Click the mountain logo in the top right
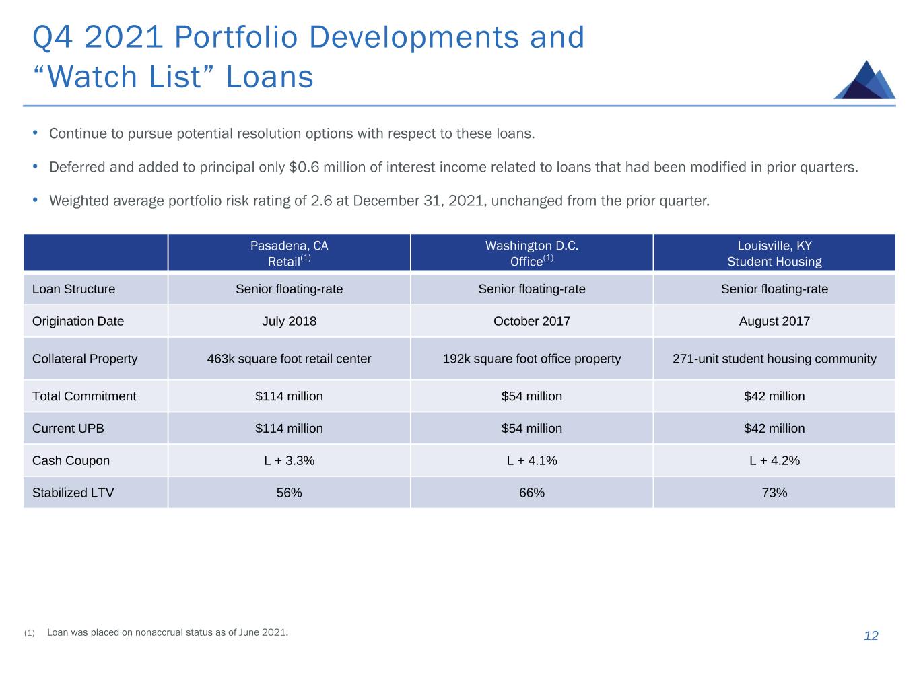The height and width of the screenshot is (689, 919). pos(864,80)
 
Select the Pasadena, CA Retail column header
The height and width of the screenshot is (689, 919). pos(289,254)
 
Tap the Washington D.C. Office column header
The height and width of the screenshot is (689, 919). pos(531,254)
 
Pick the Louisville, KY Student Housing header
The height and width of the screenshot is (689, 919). pos(774,254)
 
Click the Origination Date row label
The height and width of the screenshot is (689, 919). pos(78,321)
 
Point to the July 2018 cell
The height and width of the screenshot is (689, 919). pos(289,321)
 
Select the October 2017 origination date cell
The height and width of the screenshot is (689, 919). pos(531,321)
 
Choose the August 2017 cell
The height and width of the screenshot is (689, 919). pos(774,321)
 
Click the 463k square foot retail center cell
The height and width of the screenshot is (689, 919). pos(289,359)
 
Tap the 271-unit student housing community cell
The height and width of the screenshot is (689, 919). pos(774,359)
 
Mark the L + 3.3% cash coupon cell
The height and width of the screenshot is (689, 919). pos(289,461)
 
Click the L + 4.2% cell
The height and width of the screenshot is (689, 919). pos(774,461)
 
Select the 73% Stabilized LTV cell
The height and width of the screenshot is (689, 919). pos(774,493)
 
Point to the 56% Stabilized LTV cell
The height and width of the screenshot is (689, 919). pos(289,493)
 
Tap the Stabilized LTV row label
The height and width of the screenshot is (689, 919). pos(73,493)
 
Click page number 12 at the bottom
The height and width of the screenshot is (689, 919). pos(871,636)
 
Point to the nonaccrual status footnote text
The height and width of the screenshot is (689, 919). pos(168,632)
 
